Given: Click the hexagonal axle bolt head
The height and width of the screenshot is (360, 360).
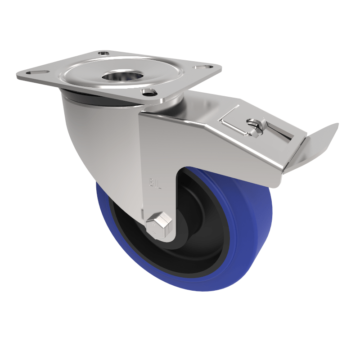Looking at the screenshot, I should [x=159, y=223].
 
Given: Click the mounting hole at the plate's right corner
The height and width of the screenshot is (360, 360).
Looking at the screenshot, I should [x=205, y=67].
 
